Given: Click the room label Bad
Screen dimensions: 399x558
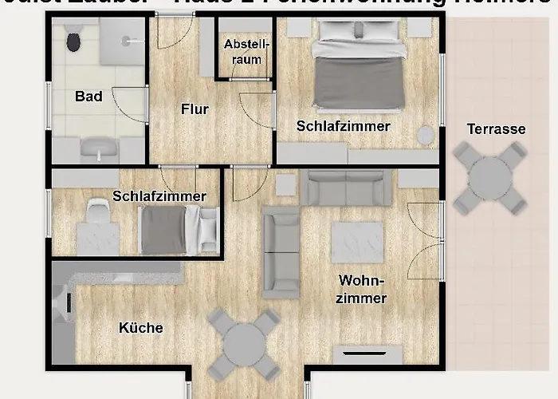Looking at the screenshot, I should pyautogui.click(x=88, y=97).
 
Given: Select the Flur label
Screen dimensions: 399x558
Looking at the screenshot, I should pyautogui.click(x=195, y=109).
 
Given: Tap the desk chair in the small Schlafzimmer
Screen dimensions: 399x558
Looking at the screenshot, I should pyautogui.click(x=96, y=211).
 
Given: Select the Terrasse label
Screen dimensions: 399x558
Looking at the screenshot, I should pyautogui.click(x=496, y=128).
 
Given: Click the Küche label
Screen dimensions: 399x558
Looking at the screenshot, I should pyautogui.click(x=141, y=328).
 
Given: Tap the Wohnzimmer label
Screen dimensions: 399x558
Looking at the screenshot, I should pyautogui.click(x=363, y=290).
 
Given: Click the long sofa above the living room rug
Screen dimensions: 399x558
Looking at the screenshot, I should pyautogui.click(x=347, y=188).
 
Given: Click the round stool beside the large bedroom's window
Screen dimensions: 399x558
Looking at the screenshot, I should pyautogui.click(x=428, y=135).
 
